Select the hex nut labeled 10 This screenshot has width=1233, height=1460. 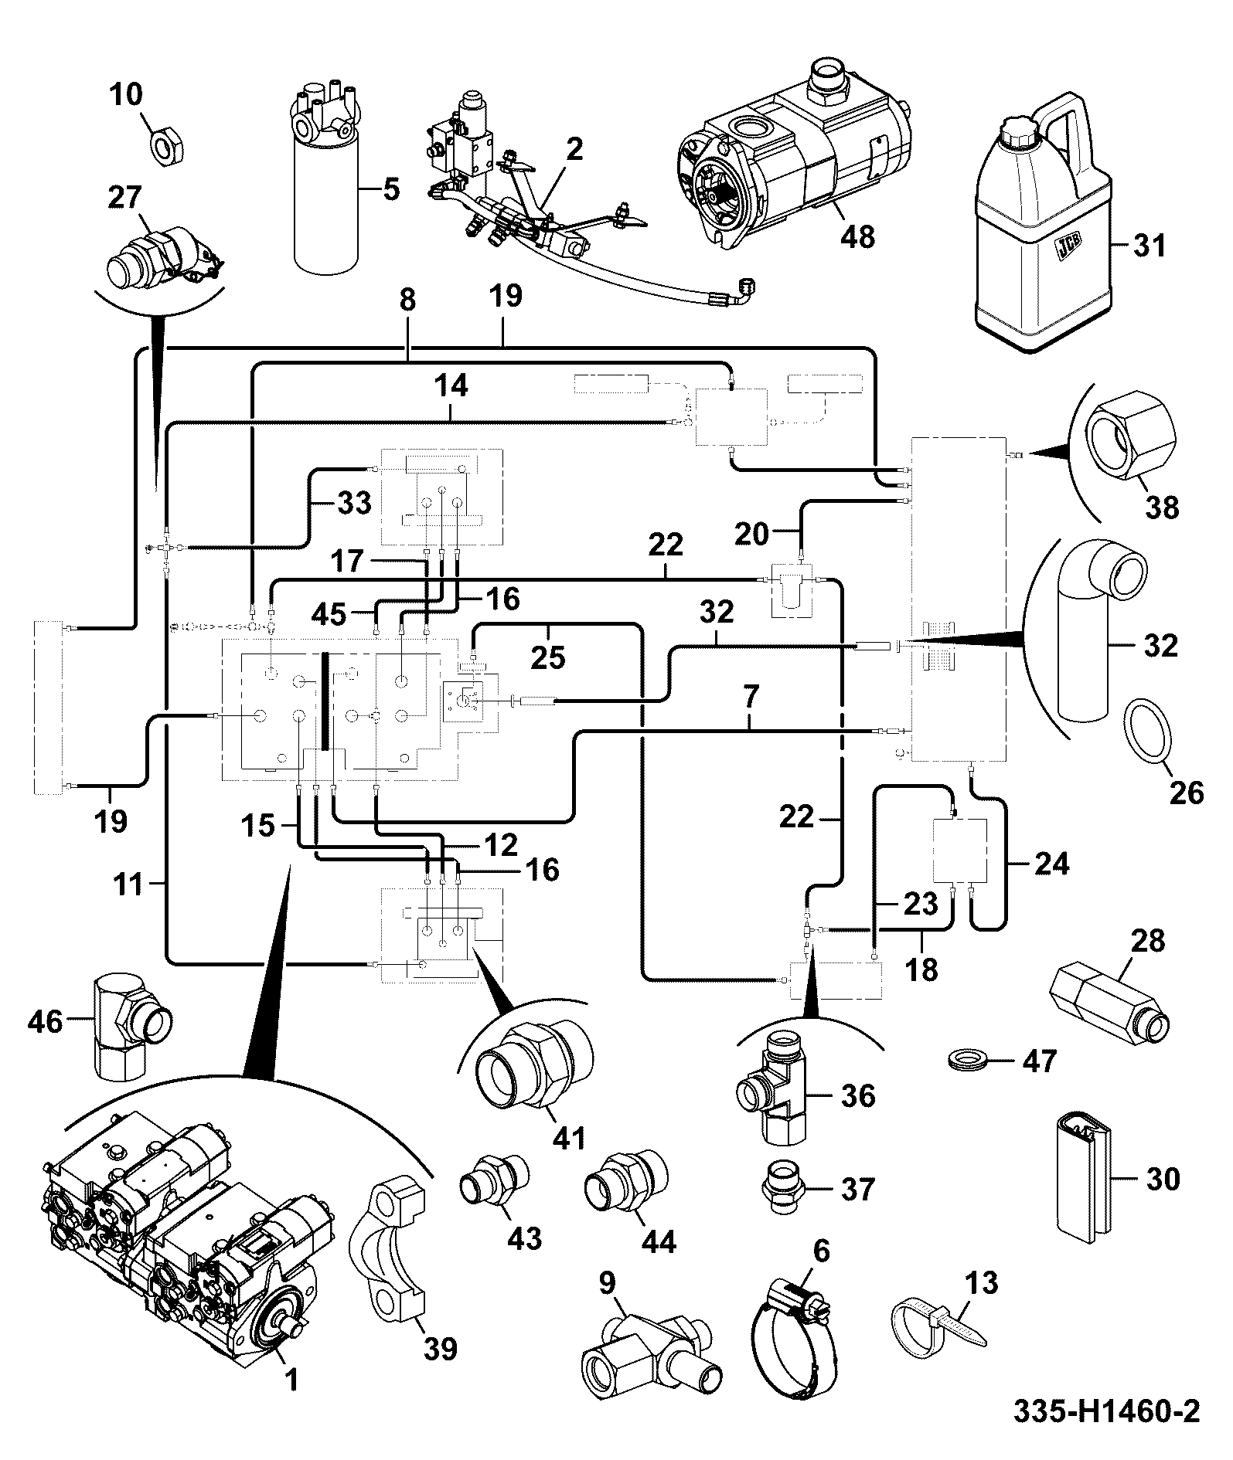pos(166,144)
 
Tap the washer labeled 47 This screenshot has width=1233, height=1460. pos(966,1060)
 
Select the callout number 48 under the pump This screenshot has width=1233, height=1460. pos(858,236)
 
